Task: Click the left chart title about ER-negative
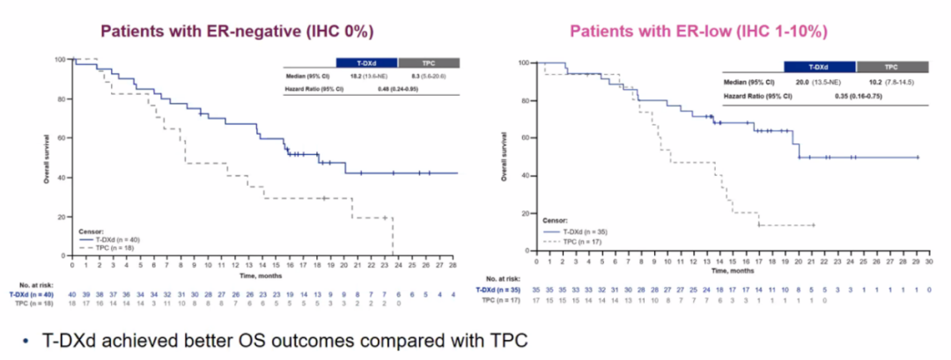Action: click(x=238, y=31)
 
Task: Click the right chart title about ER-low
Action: click(x=698, y=32)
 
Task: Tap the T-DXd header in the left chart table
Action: click(x=366, y=63)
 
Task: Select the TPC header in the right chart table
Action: click(x=891, y=66)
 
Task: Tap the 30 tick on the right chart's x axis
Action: click(x=932, y=261)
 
